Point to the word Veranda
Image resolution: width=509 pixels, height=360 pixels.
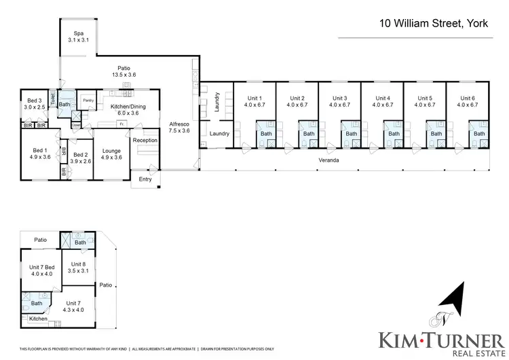pos(330,160)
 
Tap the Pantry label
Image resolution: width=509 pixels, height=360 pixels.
pos(88,101)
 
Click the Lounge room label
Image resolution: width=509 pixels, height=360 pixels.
pos(111,154)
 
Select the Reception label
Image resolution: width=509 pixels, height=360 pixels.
pos(145,140)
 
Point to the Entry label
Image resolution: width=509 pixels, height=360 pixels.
pos(145,179)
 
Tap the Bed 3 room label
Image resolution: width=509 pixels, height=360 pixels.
pos(34,103)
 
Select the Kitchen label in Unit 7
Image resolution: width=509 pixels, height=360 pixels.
pos(38,319)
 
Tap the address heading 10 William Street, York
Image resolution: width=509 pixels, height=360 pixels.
pos(434,24)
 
